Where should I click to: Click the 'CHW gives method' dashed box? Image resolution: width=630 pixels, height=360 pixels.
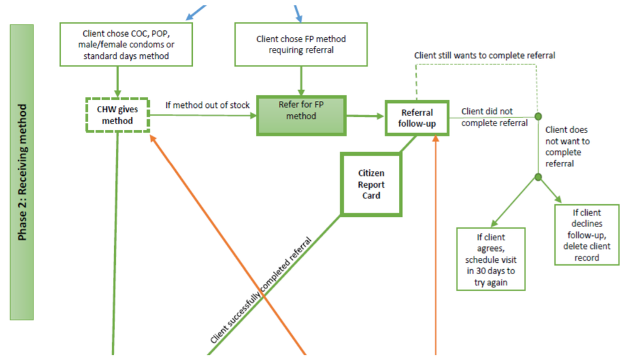pyautogui.click(x=118, y=115)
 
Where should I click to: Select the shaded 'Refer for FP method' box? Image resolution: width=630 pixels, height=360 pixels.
pyautogui.click(x=301, y=115)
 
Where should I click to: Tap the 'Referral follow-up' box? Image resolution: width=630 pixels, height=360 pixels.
pyautogui.click(x=416, y=117)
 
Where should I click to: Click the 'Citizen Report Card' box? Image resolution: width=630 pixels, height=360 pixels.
pyautogui.click(x=371, y=185)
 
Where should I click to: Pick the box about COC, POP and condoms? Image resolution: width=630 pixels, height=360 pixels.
pyautogui.click(x=117, y=44)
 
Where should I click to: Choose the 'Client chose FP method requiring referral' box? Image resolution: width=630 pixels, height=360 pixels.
pyautogui.click(x=301, y=44)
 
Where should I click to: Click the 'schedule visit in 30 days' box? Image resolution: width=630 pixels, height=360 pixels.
pyautogui.click(x=490, y=259)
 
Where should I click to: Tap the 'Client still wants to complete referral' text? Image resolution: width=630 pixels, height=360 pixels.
pyautogui.click(x=484, y=55)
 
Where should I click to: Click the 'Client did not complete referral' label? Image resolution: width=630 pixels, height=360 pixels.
pyautogui.click(x=495, y=117)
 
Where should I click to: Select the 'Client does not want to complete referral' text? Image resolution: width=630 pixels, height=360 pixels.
pyautogui.click(x=568, y=147)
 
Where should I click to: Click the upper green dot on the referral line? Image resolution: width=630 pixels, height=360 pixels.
pyautogui.click(x=538, y=117)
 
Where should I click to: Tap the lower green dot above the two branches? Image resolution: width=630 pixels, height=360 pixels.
pyautogui.click(x=538, y=177)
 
